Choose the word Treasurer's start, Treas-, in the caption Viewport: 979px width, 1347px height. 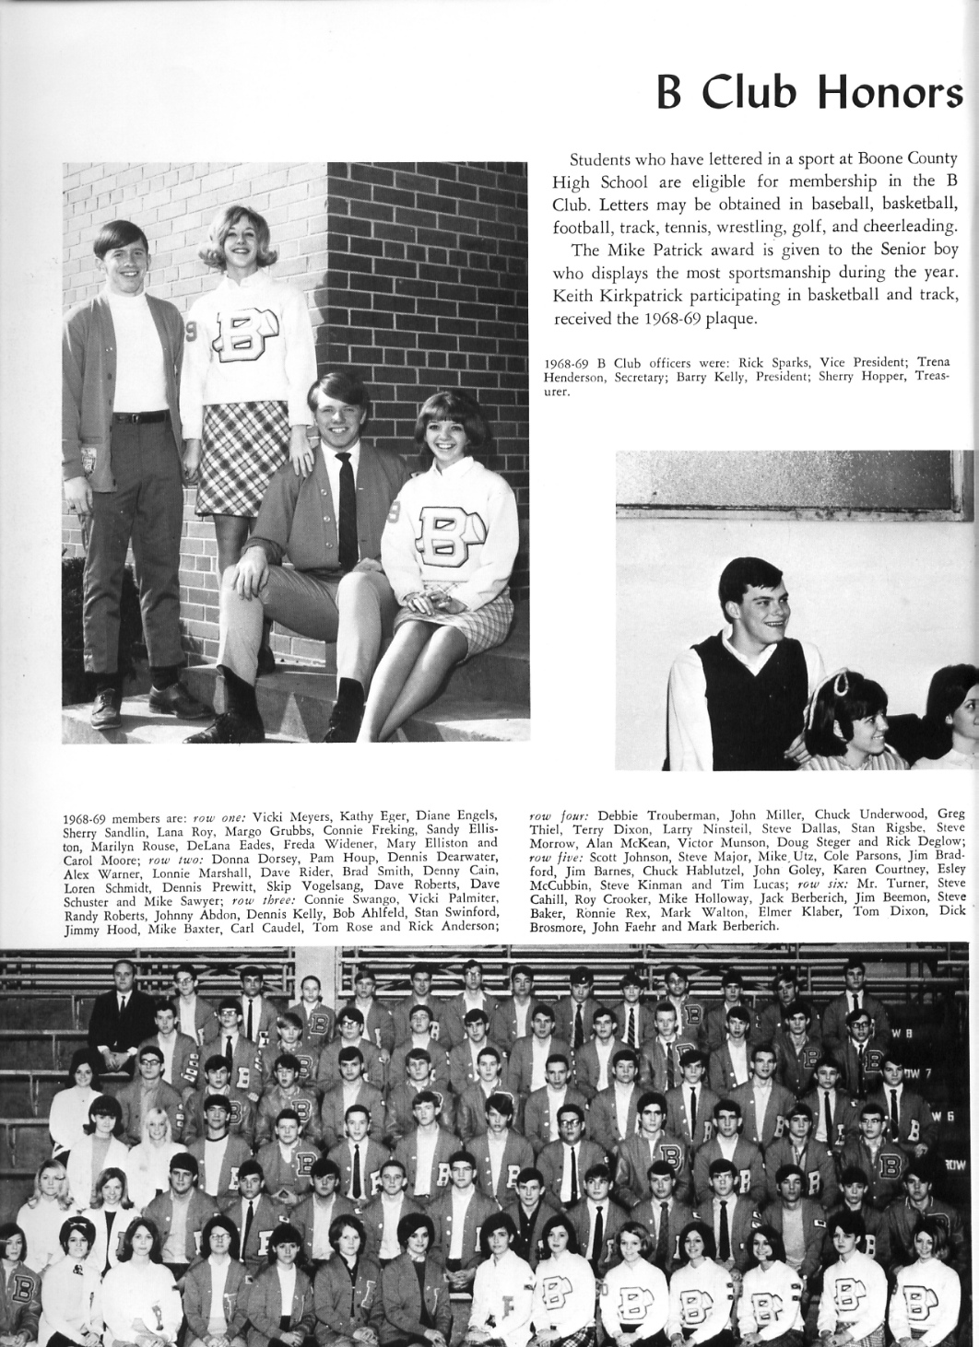929,377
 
